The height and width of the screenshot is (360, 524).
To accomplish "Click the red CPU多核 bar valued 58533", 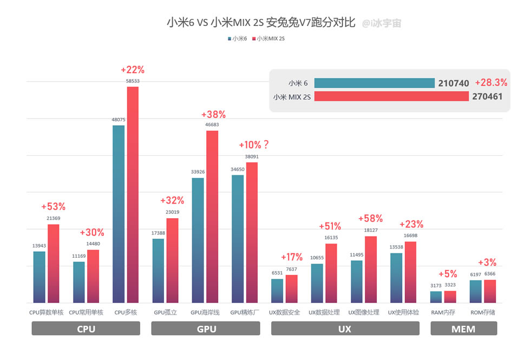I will click(133, 195).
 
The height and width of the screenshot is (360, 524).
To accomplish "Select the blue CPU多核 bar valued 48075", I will click(119, 214).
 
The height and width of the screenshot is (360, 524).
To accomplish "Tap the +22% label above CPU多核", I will click(133, 69).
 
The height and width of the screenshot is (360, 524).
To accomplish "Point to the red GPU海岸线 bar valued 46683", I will click(212, 217).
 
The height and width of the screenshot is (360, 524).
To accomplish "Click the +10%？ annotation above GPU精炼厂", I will click(254, 145).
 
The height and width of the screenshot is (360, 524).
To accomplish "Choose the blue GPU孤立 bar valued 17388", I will click(158, 271).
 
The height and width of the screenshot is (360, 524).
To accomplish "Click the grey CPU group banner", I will click(86, 329).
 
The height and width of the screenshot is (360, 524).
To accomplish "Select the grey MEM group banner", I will click(463, 329).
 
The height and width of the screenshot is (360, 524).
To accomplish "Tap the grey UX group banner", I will click(345, 329).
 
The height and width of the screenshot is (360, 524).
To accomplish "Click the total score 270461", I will click(486, 96).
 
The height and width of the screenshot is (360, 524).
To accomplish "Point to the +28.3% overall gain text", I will click(491, 83).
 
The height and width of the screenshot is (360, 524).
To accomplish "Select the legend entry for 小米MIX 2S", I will click(268, 38).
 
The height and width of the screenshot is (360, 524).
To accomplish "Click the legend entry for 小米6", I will click(238, 38).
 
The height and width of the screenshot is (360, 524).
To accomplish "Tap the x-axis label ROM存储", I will click(483, 312).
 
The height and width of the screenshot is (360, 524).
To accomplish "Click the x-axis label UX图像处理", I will click(364, 312).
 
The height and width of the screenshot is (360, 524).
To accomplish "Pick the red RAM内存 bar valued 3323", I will click(450, 297).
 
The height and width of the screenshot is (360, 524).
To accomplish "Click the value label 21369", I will click(53, 218).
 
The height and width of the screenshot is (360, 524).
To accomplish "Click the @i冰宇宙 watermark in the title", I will click(382, 23).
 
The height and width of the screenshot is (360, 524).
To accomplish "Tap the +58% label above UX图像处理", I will click(370, 219).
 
